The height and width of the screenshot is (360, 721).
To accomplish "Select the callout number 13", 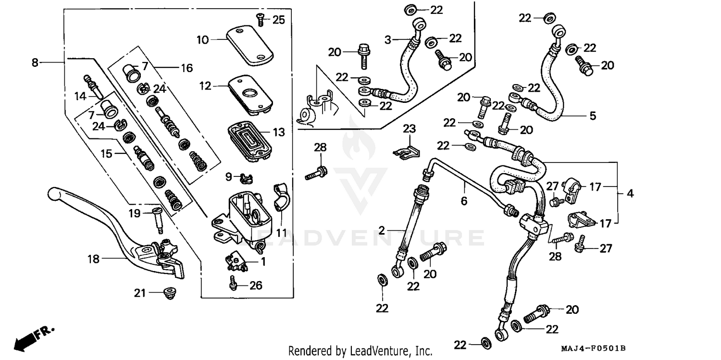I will (x=278, y=132).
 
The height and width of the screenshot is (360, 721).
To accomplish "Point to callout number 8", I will (x=35, y=62).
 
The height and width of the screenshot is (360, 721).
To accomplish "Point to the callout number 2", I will (x=382, y=231).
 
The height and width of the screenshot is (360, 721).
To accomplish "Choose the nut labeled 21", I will (x=170, y=292).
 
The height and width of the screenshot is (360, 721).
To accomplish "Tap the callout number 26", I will (x=256, y=286).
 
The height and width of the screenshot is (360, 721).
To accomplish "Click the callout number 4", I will (x=630, y=194).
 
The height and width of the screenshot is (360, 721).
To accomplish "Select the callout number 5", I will (x=593, y=116).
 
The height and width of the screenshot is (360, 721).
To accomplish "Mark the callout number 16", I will (x=186, y=68).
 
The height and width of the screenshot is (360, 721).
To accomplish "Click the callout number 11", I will (x=281, y=233).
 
